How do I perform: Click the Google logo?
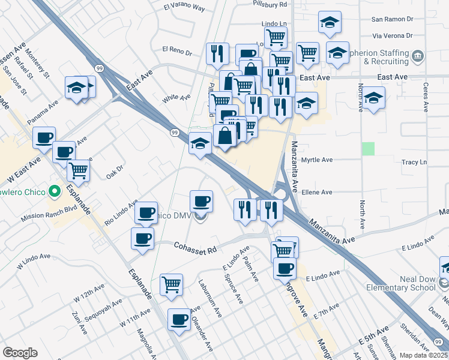click(20, 352)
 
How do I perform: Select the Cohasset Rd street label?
click(195, 247)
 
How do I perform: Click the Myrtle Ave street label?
click(316, 160)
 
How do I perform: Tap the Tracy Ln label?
click(414, 163)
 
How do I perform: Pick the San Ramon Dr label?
click(393, 19)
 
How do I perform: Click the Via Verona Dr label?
click(393, 35)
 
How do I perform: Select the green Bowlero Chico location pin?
click(55, 193)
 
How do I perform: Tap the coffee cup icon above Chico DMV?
click(201, 200)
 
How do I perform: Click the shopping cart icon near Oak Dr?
click(79, 172)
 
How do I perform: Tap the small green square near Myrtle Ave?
click(368, 148)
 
